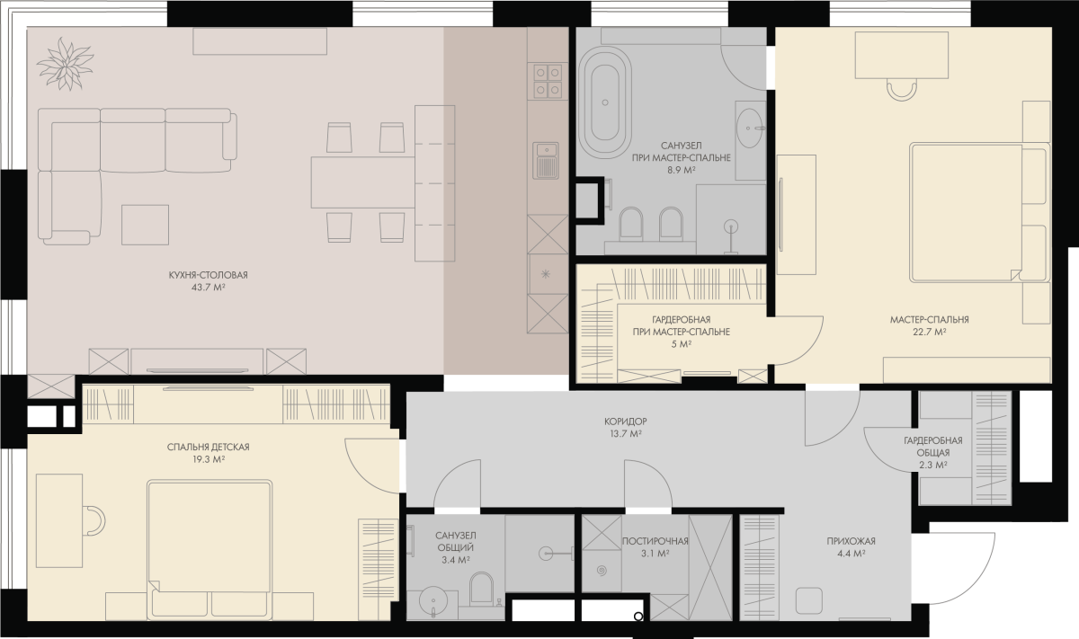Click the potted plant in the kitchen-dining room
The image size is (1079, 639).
tap(65, 64)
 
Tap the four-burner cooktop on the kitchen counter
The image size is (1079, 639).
tap(548, 81)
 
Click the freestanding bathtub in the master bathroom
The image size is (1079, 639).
tap(605, 102)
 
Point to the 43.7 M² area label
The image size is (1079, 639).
tap(209, 288)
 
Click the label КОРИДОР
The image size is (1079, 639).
tap(625, 422)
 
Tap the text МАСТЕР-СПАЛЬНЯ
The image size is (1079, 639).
tap(929, 319)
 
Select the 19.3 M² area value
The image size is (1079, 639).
tap(209, 459)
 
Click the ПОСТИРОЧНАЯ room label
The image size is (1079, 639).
tap(655, 541)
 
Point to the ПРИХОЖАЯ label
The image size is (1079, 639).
tap(852, 541)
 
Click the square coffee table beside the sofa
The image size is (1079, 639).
tap(145, 225)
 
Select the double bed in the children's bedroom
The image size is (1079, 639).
tap(210, 549)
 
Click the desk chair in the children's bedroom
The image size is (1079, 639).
tap(94, 520)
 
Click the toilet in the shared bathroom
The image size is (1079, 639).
tap(482, 589)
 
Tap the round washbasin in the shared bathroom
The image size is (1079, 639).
tap(433, 600)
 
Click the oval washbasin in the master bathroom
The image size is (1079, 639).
tap(750, 129)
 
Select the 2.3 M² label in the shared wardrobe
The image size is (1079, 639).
tap(933, 466)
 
